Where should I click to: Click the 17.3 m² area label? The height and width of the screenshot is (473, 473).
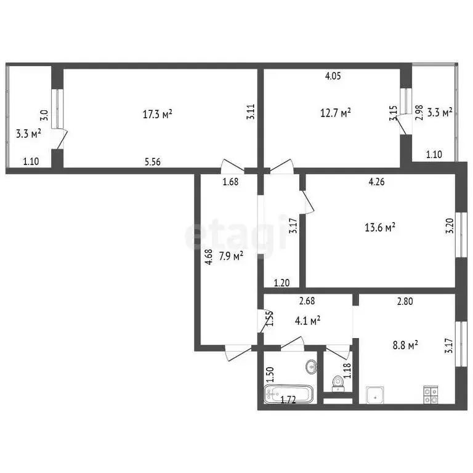pos(157,114)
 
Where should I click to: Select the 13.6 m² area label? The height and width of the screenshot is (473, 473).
pos(380,227)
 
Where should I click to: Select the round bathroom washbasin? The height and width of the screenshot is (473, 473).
pos(312,368)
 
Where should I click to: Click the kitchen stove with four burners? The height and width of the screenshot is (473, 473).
pos(430,394)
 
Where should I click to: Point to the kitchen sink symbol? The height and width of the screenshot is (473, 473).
pos(376,394)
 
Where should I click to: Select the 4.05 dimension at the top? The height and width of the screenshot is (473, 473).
pos(333,76)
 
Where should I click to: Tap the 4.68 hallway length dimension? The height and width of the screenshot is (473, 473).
pos(209,256)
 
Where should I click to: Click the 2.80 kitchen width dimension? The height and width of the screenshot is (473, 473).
pos(405,301)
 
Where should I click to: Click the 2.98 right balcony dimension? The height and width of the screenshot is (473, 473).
pos(419,113)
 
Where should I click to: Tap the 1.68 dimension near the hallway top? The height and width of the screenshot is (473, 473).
pos(230,182)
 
